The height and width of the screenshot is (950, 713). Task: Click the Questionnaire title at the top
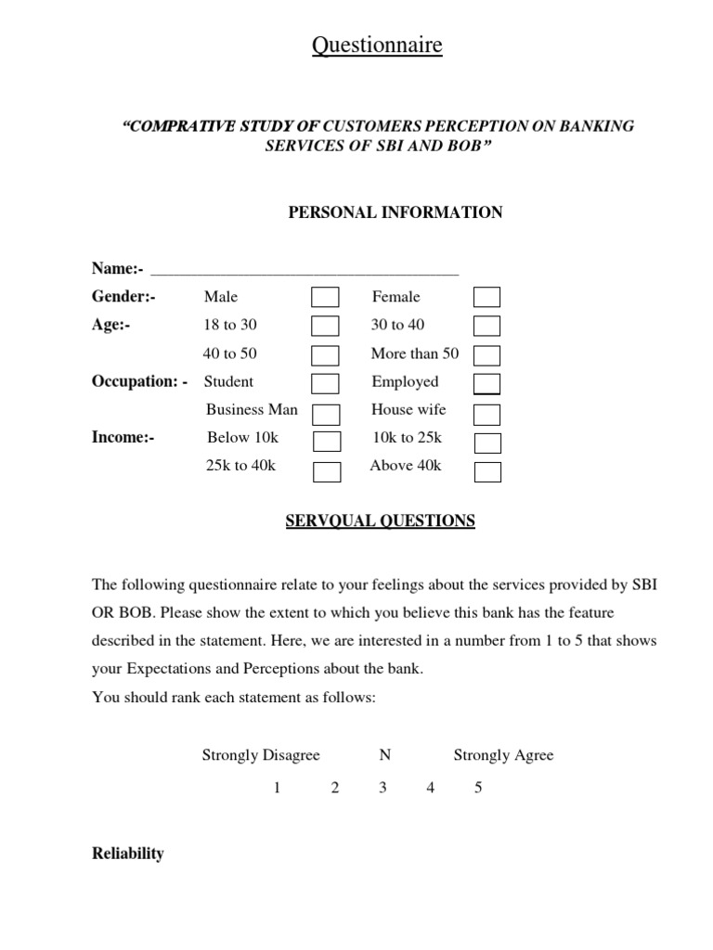[x=377, y=45]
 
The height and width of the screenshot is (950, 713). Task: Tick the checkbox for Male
[x=325, y=298]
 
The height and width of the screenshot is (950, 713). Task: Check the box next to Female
[x=486, y=298]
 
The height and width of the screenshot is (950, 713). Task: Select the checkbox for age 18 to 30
[x=325, y=327]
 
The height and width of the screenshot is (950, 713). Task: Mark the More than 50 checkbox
[x=486, y=355]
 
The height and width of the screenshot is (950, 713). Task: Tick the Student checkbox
[x=325, y=383]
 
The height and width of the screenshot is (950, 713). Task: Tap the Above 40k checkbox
[x=487, y=471]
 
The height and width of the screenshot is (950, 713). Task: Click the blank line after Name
[x=305, y=269]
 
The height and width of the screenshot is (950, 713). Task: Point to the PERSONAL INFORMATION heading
[x=395, y=212]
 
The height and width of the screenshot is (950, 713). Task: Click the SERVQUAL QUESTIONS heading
[x=380, y=521]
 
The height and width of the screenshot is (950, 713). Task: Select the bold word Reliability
[x=128, y=854]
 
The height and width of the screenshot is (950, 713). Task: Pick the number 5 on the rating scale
[x=478, y=789]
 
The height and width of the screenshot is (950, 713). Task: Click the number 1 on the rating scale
[x=277, y=789]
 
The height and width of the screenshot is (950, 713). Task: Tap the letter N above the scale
[x=384, y=755]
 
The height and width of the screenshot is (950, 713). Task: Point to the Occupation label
[x=140, y=381]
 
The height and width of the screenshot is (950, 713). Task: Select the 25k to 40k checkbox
[x=327, y=471]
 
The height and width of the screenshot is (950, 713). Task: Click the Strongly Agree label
[x=503, y=755]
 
